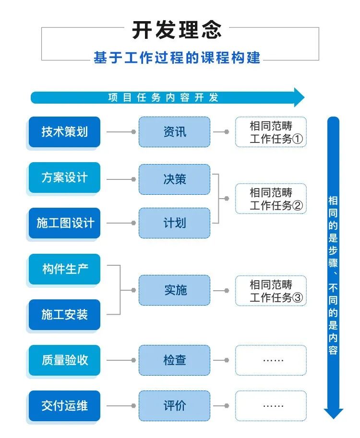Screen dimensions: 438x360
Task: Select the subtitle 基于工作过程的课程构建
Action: [x=177, y=58]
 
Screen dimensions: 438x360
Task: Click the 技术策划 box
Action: [x=64, y=132]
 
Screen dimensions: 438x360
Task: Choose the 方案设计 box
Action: [x=64, y=178]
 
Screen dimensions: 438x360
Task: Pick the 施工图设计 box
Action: [x=64, y=223]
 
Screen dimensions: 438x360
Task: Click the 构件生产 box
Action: [x=64, y=269]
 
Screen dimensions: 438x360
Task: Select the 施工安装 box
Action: [x=64, y=315]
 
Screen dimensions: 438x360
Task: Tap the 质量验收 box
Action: [x=64, y=360]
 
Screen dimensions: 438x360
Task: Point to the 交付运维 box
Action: [x=64, y=406]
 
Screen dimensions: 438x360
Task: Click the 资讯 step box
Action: [x=175, y=132]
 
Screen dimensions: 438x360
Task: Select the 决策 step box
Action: [x=175, y=179]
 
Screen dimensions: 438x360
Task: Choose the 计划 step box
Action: [x=175, y=223]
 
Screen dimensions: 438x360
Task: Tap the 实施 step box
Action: [x=175, y=290]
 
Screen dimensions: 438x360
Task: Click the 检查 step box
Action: [x=175, y=360]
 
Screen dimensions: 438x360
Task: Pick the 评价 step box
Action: [x=175, y=406]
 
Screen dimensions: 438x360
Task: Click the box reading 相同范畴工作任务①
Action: [x=271, y=132]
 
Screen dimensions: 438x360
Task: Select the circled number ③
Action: [x=298, y=298]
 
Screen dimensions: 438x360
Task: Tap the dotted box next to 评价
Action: [x=271, y=406]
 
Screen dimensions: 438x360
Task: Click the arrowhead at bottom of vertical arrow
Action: [x=333, y=413]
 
